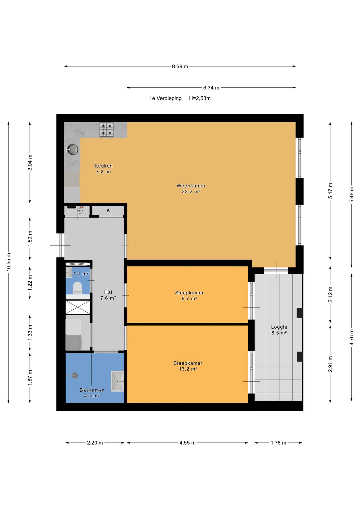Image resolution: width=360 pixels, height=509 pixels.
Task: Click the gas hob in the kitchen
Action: pos(107,130)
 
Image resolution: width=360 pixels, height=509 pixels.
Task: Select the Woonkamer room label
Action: pos(191,189)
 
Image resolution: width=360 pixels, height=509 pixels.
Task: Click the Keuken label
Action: pos(103,169)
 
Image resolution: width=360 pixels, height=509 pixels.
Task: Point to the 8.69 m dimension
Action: pos(180,67)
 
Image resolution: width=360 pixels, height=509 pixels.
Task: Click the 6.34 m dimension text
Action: pos(211,88)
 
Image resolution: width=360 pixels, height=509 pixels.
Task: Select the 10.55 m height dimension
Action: pos(9,262)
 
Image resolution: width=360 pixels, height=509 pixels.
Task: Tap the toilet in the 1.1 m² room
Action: pos(77,288)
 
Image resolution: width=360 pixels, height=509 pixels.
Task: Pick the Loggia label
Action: pos(279,330)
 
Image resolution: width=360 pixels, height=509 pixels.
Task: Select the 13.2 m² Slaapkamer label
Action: pos(188,366)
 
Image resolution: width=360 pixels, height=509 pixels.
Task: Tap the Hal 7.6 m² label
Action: pos(108,295)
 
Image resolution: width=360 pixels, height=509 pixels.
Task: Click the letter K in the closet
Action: pos(108,210)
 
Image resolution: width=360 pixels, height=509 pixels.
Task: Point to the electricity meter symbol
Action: pos(80,211)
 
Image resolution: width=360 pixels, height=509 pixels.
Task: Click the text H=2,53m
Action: pos(200,98)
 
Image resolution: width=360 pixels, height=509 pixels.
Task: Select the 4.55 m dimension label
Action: pos(187,443)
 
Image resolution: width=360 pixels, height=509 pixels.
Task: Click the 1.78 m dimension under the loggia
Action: pos(278,443)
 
